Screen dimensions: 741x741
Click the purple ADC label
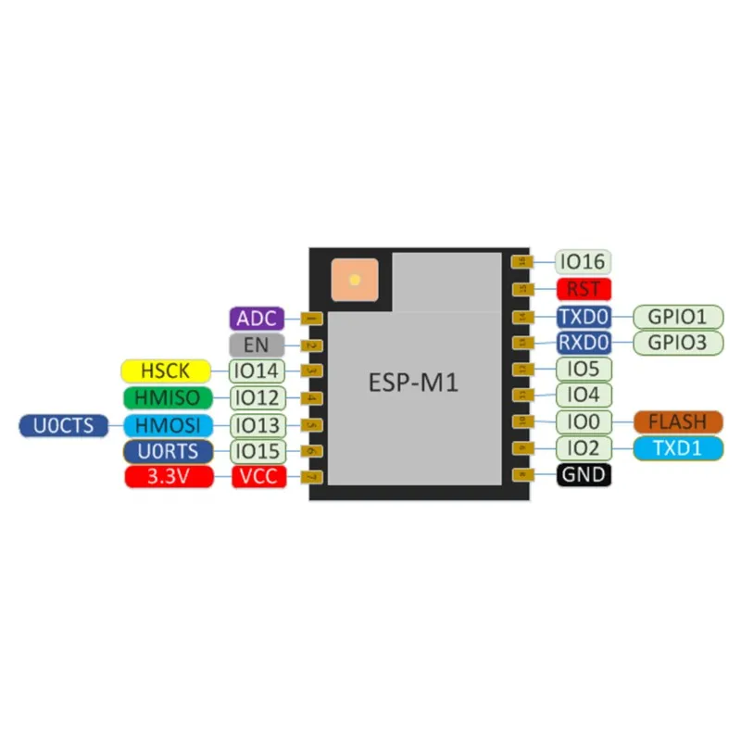point(256,320)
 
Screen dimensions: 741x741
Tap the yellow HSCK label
point(166,371)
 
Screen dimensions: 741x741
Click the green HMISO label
point(166,398)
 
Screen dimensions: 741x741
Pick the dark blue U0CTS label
point(63,425)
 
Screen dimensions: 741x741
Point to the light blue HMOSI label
point(166,425)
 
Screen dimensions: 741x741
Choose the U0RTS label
point(166,452)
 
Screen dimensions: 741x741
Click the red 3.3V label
point(166,478)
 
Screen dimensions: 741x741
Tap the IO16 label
point(584,262)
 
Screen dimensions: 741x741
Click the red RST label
point(584,289)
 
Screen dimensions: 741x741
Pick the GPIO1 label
point(677,317)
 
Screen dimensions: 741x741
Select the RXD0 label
point(584,343)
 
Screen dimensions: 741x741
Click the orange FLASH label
point(677,422)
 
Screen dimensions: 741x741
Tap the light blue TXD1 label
point(677,449)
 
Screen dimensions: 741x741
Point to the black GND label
point(584,476)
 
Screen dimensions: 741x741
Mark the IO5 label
point(584,369)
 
